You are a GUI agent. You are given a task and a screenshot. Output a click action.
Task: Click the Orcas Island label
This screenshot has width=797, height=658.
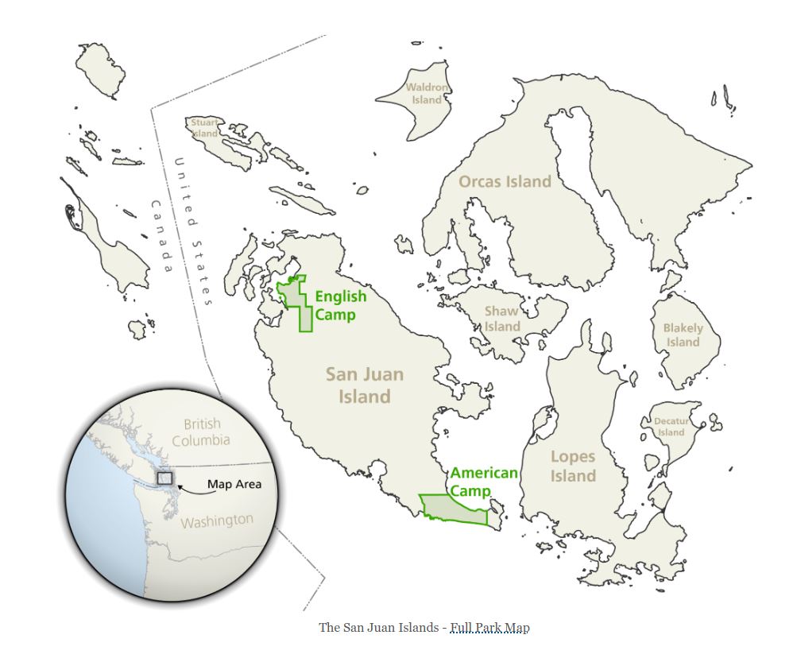505,181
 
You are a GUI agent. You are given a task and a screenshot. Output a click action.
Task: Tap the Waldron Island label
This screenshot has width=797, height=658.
428,94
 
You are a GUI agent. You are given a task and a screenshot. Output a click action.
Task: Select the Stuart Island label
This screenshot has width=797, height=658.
204,128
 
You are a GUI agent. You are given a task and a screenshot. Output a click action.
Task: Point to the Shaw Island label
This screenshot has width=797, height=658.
502,319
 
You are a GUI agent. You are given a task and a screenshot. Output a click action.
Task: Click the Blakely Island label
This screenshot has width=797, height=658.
683,335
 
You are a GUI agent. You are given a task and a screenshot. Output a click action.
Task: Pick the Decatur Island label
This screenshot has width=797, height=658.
671,427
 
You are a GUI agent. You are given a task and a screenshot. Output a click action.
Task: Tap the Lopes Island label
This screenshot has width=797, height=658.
573,466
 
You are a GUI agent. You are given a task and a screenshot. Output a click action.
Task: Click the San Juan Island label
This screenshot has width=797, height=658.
365,385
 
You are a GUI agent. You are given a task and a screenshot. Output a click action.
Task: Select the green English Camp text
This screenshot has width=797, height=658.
341,305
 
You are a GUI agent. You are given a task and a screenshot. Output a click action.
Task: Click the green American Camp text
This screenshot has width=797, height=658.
484,482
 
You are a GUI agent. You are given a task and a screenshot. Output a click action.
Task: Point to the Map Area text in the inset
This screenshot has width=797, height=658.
234,484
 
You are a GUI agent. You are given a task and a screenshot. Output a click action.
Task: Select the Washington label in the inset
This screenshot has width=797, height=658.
216,521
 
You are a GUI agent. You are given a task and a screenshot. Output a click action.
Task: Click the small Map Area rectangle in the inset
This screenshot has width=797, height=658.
164,478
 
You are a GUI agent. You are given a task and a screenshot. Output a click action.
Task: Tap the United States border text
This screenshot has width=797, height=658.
194,231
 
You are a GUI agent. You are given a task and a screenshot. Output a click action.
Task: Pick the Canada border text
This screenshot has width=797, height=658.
161,236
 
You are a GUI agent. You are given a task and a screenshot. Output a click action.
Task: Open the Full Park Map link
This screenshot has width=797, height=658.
489,628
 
